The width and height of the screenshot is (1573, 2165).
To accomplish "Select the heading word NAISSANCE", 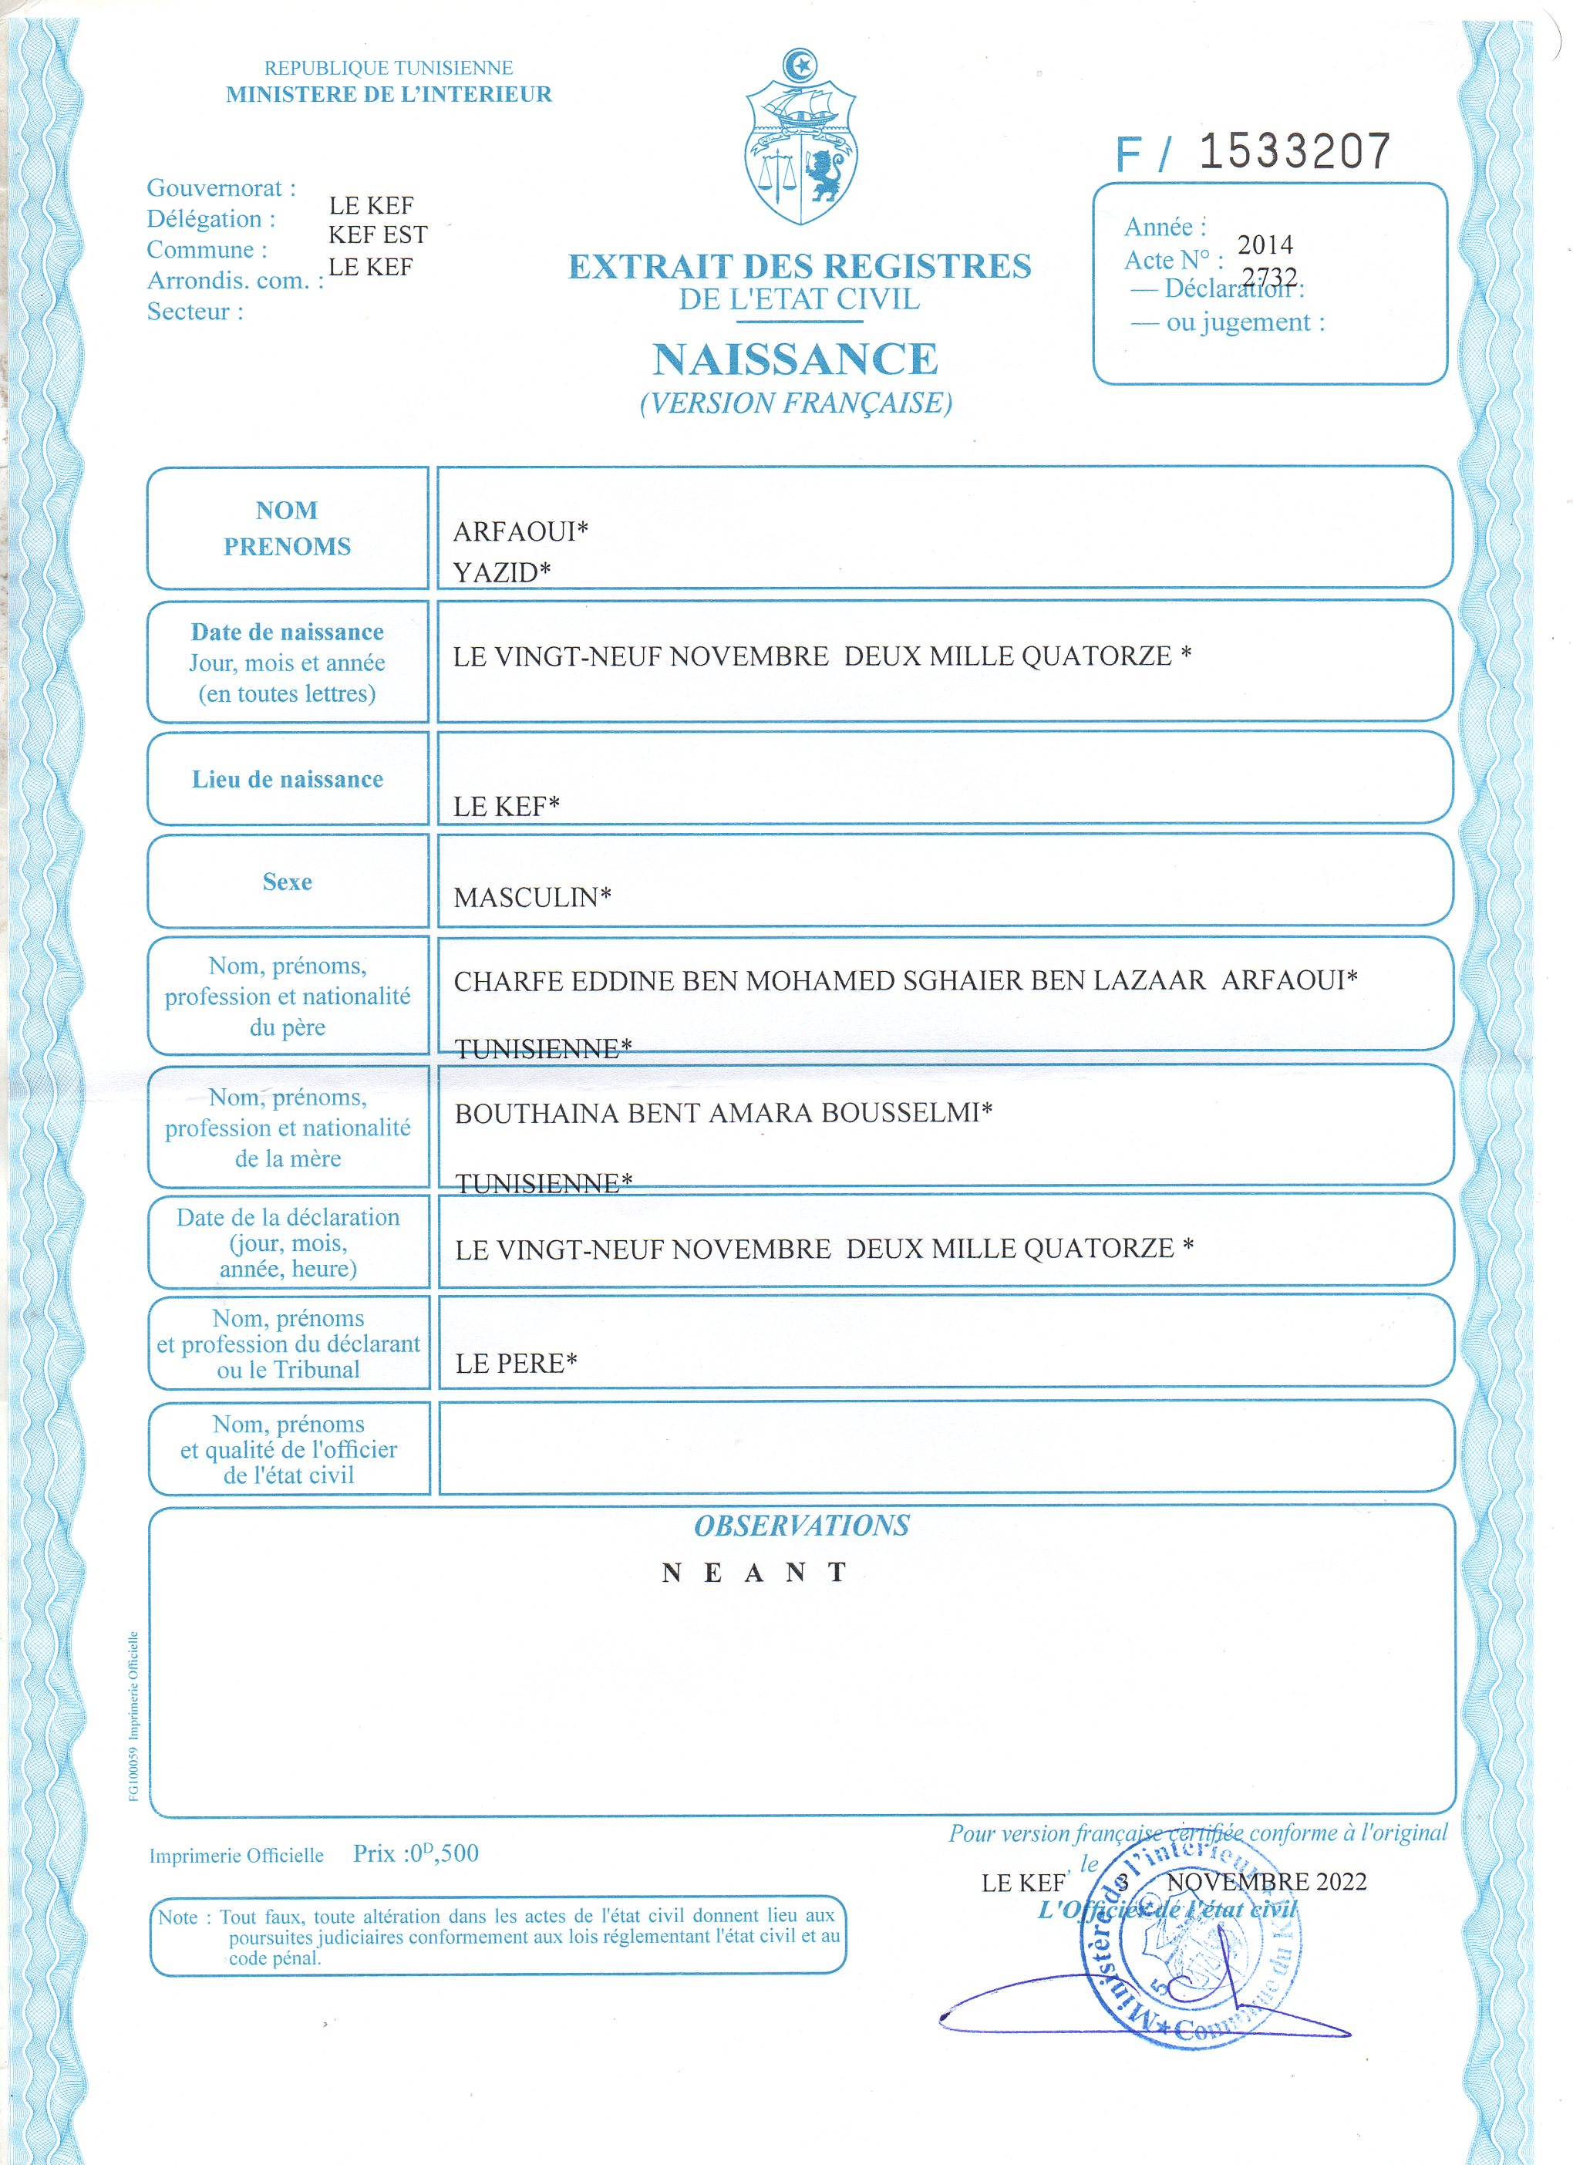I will click(x=795, y=360).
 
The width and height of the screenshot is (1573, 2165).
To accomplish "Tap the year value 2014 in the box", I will click(x=1265, y=245).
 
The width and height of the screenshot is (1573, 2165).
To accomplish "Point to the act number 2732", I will click(x=1269, y=277).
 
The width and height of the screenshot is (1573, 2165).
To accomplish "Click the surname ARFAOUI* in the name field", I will click(x=520, y=531).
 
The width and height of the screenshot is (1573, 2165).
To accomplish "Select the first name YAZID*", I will click(x=501, y=573).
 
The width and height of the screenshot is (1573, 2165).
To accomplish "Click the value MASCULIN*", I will click(x=531, y=897).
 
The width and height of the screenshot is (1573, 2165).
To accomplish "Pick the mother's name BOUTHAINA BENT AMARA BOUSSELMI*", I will click(x=723, y=1113).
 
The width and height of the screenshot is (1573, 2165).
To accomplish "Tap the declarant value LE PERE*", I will click(x=515, y=1363).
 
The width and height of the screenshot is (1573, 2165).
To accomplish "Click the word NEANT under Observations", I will click(x=754, y=1572).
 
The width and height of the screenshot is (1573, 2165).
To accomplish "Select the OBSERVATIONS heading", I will click(x=801, y=1526).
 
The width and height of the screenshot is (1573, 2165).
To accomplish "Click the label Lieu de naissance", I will click(x=288, y=780).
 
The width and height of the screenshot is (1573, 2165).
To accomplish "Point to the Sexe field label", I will click(x=288, y=882).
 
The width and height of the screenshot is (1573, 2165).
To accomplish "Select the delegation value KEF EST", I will click(x=378, y=234).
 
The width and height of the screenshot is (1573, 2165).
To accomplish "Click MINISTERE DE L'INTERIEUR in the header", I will click(x=389, y=95).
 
